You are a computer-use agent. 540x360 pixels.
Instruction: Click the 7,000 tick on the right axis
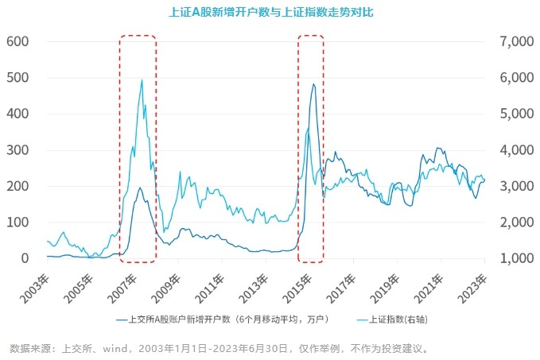click(x=514, y=41)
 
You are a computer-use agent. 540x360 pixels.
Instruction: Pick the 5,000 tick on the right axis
click(x=514, y=114)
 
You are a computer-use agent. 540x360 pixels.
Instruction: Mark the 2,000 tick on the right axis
click(x=514, y=223)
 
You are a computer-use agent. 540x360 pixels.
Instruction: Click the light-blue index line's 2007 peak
click(x=142, y=79)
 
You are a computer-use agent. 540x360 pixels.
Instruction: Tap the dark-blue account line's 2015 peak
click(x=313, y=84)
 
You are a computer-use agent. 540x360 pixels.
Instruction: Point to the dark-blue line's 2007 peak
click(x=140, y=188)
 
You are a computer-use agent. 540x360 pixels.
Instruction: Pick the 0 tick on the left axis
click(x=26, y=258)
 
